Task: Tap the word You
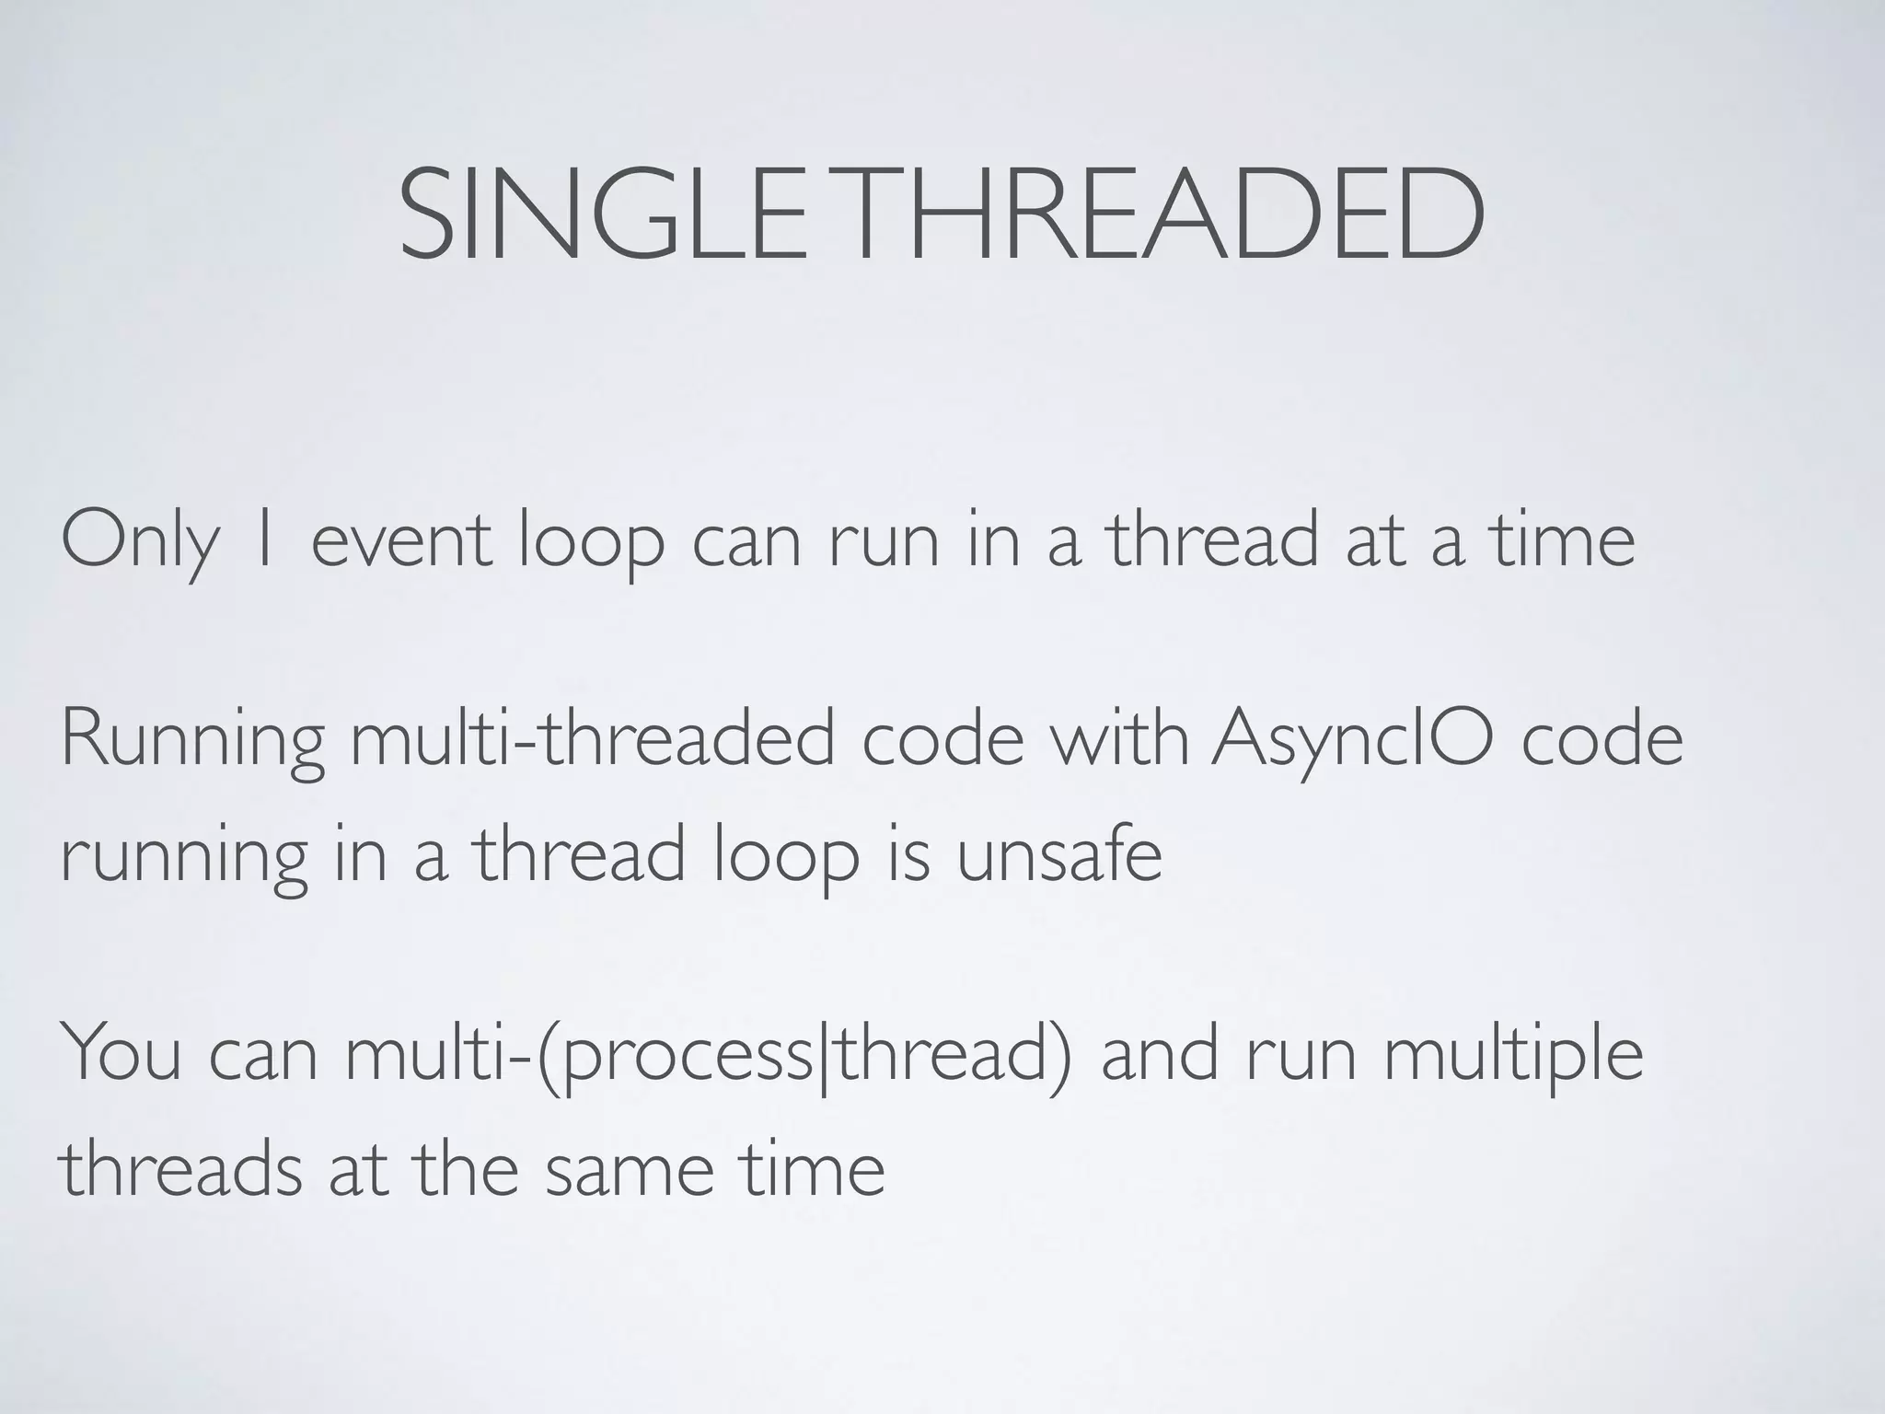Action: coord(121,1053)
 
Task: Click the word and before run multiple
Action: coord(1161,1053)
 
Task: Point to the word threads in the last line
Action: coord(180,1169)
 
